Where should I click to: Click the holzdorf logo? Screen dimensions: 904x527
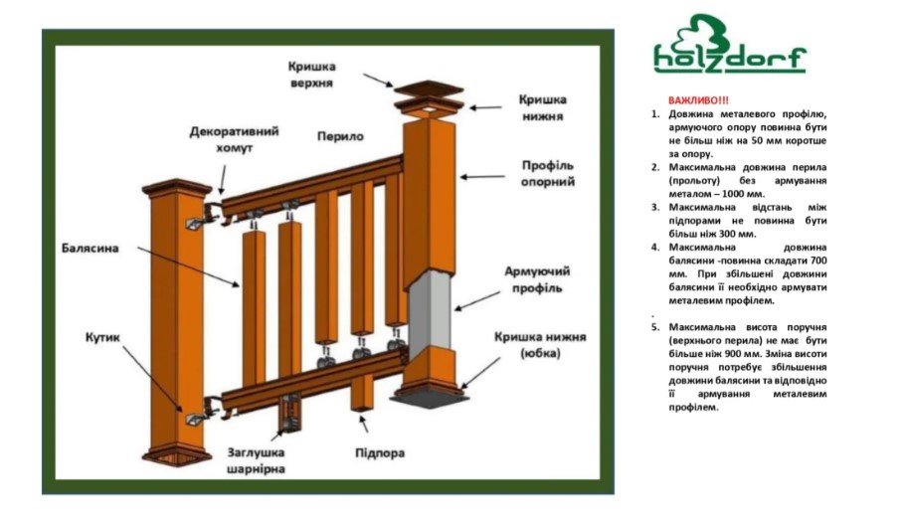pyautogui.click(x=730, y=44)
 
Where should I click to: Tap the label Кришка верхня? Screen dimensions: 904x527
pyautogui.click(x=312, y=75)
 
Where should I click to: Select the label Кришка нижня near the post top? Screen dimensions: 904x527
pyautogui.click(x=543, y=107)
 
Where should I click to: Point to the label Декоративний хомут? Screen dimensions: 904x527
pyautogui.click(x=234, y=139)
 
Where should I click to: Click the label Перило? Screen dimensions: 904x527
pyautogui.click(x=340, y=136)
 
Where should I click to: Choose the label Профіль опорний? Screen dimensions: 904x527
pyautogui.click(x=548, y=174)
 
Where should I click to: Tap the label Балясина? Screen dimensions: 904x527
pyautogui.click(x=90, y=248)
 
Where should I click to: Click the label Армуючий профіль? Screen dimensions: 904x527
pyautogui.click(x=537, y=279)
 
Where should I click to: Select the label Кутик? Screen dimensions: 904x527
pyautogui.click(x=102, y=337)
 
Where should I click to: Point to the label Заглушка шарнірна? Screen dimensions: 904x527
pyautogui.click(x=256, y=460)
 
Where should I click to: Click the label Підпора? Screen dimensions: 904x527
pyautogui.click(x=380, y=453)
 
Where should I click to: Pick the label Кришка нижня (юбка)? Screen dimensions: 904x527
pyautogui.click(x=540, y=345)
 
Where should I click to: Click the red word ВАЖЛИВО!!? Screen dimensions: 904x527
pyautogui.click(x=698, y=100)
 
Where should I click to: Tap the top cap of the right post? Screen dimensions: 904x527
pyautogui.click(x=429, y=88)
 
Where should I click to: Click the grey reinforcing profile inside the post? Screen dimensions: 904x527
pyautogui.click(x=430, y=311)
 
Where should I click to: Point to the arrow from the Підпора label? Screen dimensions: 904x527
pyautogui.click(x=363, y=424)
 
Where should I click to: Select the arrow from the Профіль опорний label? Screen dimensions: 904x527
pyautogui.click(x=482, y=177)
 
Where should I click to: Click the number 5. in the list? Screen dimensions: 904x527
pyautogui.click(x=655, y=327)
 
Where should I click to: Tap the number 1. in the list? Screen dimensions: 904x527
pyautogui.click(x=655, y=114)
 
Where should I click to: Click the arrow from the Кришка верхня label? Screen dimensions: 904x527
pyautogui.click(x=378, y=81)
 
